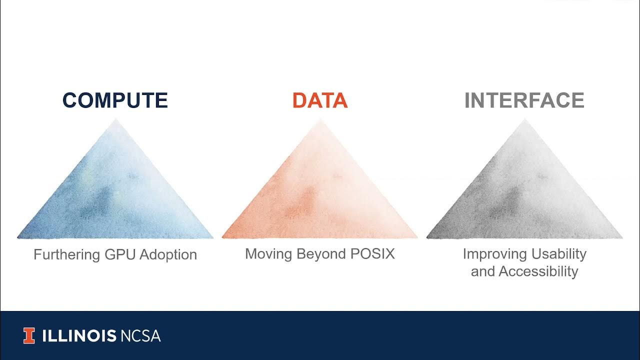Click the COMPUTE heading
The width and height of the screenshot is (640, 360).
pyautogui.click(x=115, y=100)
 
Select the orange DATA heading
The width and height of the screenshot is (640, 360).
pyautogui.click(x=320, y=100)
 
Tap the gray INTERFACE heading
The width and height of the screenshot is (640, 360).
pyautogui.click(x=524, y=100)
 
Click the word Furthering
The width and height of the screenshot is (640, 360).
pyautogui.click(x=67, y=254)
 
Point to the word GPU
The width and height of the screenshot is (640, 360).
pyautogui.click(x=120, y=254)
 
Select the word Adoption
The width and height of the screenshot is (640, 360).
pyautogui.click(x=168, y=254)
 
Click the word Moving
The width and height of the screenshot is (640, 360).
pyautogui.click(x=268, y=254)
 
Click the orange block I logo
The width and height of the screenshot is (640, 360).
pyautogui.click(x=29, y=336)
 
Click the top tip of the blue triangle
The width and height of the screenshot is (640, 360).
pyautogui.click(x=116, y=120)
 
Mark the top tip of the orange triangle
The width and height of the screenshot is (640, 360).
pyautogui.click(x=320, y=120)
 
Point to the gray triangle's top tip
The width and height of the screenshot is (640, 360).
pyautogui.click(x=524, y=120)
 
